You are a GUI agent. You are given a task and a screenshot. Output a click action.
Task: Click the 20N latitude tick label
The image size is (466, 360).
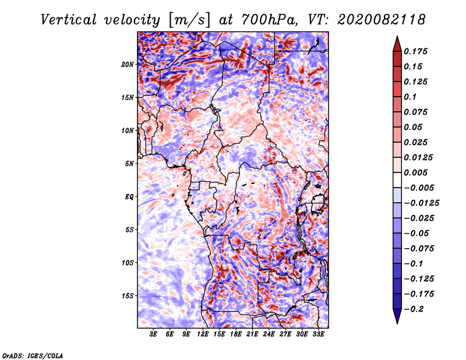(x=128, y=65)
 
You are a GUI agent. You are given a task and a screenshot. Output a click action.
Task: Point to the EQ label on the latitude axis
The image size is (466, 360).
(x=129, y=197)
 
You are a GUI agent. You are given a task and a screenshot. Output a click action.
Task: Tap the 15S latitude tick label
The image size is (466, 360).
(x=128, y=296)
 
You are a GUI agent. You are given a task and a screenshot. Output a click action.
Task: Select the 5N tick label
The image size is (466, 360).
(x=129, y=164)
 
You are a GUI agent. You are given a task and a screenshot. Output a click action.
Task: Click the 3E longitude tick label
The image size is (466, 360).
(x=153, y=334)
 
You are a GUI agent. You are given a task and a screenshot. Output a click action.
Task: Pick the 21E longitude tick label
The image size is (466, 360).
(x=252, y=334)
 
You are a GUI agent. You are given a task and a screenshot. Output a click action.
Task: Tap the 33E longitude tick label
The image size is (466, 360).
(x=318, y=334)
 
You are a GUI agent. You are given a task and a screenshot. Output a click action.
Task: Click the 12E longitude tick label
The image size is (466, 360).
(x=202, y=334)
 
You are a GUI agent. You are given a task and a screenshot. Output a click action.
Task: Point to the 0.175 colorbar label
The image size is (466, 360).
(x=415, y=52)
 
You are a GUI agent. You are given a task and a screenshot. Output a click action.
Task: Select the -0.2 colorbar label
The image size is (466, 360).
(x=414, y=309)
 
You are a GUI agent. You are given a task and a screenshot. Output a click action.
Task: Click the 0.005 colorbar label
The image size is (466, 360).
(x=415, y=172)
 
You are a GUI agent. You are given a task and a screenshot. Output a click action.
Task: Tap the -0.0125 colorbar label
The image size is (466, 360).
(x=421, y=203)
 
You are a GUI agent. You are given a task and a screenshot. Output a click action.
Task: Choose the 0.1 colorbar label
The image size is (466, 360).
(x=410, y=97)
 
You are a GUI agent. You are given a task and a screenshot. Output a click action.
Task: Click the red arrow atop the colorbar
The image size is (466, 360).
(x=397, y=44)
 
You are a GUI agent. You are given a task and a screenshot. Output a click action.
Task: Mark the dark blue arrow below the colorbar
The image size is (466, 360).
(x=397, y=316)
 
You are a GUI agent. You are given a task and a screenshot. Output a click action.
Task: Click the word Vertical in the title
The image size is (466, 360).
(x=69, y=20)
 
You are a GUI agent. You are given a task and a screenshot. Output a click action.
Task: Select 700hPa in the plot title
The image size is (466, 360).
(x=269, y=20)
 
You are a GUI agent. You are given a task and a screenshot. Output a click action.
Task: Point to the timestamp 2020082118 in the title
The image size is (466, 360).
(x=382, y=20)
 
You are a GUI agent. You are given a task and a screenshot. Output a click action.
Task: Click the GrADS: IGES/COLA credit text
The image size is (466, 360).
(x=33, y=355)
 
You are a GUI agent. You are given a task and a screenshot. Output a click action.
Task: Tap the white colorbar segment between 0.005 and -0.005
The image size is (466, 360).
(x=397, y=180)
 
